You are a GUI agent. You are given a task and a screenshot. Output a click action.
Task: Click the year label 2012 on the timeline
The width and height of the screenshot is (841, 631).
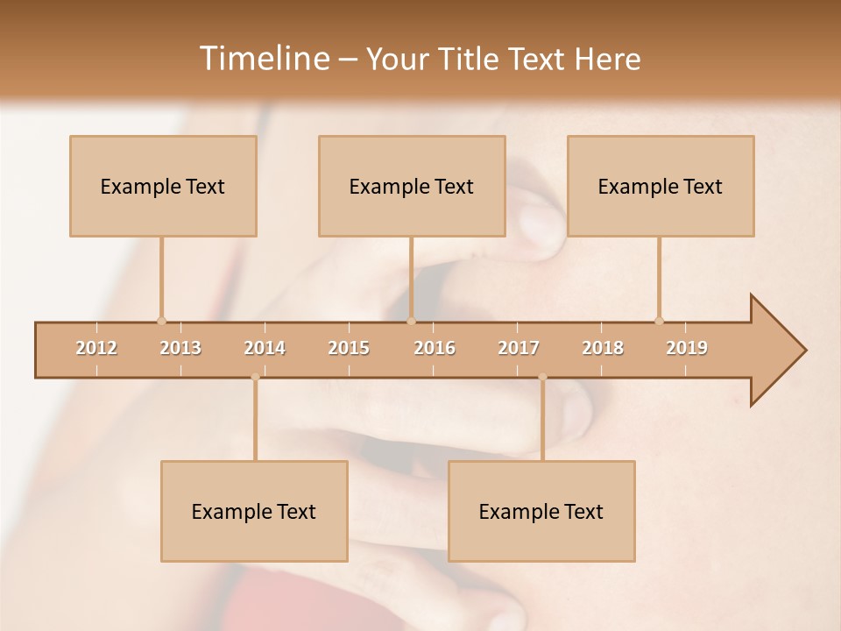point(96,348)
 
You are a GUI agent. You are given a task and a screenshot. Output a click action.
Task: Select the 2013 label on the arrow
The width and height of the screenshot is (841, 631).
point(180,348)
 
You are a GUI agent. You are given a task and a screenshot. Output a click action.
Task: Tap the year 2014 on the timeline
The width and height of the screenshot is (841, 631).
point(265,348)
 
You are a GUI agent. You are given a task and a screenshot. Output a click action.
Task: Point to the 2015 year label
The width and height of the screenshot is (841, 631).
point(349,348)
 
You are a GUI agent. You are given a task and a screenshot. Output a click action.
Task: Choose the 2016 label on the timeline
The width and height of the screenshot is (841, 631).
point(435,348)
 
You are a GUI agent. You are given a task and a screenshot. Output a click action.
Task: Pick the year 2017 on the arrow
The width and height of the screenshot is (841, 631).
point(519,348)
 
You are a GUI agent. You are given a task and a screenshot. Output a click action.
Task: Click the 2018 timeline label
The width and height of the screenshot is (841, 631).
point(603,348)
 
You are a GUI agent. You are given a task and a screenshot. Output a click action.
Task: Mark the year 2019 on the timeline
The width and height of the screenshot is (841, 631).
point(687,348)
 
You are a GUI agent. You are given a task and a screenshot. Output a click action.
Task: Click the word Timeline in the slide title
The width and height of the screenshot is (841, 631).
point(263,59)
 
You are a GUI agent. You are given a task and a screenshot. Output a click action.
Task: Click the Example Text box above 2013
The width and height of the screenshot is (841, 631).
point(163,186)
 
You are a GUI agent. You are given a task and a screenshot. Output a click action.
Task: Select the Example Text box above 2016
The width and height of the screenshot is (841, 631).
point(412,186)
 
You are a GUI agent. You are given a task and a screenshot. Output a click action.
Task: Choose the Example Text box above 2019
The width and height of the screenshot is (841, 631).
point(661,186)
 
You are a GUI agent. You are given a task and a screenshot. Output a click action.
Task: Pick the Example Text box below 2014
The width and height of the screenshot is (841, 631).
point(254,511)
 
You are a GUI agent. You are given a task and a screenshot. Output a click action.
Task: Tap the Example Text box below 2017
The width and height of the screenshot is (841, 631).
point(541,511)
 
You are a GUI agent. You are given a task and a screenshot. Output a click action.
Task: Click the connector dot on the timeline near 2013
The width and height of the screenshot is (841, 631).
point(161,321)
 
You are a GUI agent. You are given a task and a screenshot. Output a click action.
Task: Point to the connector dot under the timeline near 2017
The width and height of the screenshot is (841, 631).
point(542,378)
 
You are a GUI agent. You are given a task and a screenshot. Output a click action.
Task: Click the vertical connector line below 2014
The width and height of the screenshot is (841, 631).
point(255,421)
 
